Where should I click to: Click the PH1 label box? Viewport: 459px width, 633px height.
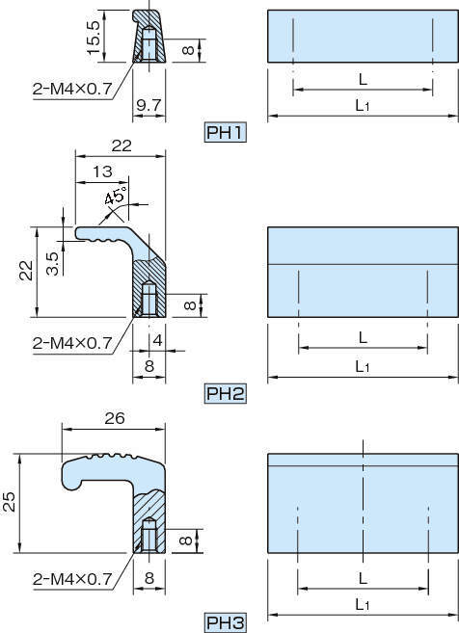[x=225, y=132]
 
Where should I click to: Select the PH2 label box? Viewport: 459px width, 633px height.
[x=225, y=393]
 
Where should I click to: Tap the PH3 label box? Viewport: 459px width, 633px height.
[x=225, y=623]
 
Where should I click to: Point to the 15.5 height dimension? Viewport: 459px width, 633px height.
[x=94, y=38]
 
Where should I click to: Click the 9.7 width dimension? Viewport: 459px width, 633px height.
[x=148, y=105]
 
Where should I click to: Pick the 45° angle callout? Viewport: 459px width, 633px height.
[x=115, y=195]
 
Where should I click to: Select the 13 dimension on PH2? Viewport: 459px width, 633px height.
[x=102, y=171]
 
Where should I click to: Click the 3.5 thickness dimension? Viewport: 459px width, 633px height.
[x=52, y=264]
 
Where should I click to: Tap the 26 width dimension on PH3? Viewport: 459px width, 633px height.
[x=115, y=419]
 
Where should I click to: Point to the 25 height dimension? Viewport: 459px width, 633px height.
[x=10, y=502]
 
